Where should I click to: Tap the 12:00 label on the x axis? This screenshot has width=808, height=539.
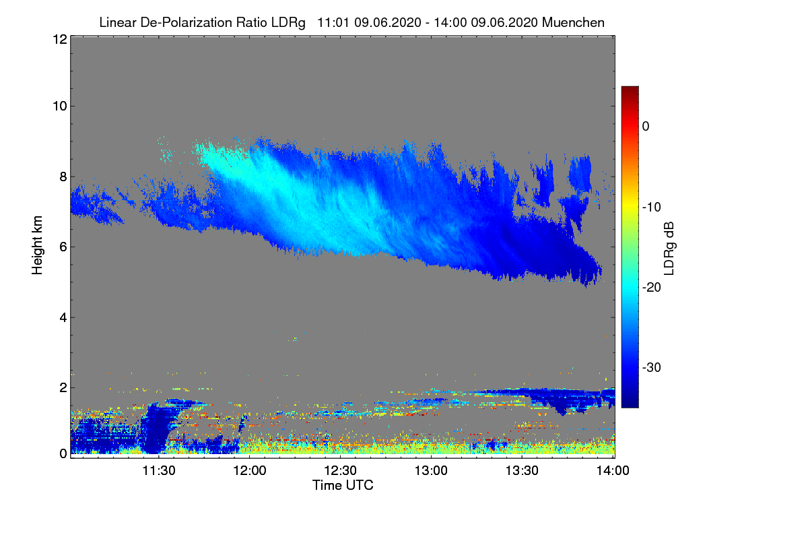(x=249, y=471)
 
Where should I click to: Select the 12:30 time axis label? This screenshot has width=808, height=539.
(x=340, y=471)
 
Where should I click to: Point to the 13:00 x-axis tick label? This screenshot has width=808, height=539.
(x=431, y=471)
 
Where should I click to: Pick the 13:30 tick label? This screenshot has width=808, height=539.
(x=522, y=471)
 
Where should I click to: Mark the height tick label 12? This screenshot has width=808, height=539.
(x=59, y=40)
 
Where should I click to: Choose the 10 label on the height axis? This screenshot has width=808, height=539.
(x=59, y=106)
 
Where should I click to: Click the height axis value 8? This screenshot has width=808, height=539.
(x=63, y=177)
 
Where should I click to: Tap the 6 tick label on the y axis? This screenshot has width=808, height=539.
(x=63, y=247)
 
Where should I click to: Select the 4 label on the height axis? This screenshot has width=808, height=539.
(x=63, y=317)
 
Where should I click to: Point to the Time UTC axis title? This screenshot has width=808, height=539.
(x=343, y=485)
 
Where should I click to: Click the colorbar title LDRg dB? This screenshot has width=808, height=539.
(x=670, y=247)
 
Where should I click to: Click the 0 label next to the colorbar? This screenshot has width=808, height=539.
(x=645, y=126)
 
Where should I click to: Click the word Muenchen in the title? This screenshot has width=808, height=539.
(x=573, y=22)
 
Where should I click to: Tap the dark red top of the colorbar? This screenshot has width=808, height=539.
(x=630, y=90)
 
